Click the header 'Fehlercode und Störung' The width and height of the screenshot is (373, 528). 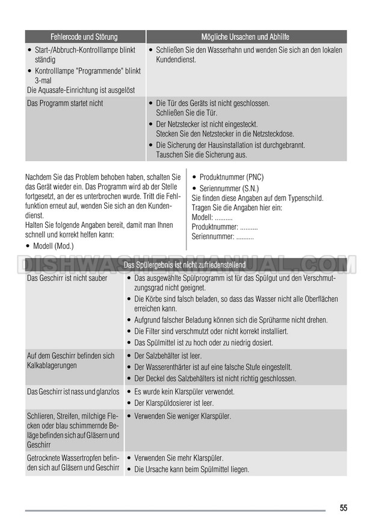pos(84,37)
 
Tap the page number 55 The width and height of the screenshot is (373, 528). pos(343,508)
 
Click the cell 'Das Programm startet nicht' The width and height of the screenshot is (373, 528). pos(65,103)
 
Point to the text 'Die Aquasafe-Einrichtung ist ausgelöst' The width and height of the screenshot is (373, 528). pos(81,90)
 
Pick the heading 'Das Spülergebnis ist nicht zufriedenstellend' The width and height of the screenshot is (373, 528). pos(185,265)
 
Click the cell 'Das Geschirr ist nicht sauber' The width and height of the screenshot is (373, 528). pos(67,278)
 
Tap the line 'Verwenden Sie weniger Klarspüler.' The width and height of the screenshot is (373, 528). pos(182,416)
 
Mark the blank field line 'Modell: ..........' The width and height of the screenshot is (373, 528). pos(212,217)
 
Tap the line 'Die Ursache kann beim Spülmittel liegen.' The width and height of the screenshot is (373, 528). pos(191,469)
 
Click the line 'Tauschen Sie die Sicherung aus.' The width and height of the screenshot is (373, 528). pos(201,155)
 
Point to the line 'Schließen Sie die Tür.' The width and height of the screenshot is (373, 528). pos(186,112)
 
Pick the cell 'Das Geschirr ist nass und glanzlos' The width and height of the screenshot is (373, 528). pos(73,392)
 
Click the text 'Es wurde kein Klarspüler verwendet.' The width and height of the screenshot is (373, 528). pos(184,392)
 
